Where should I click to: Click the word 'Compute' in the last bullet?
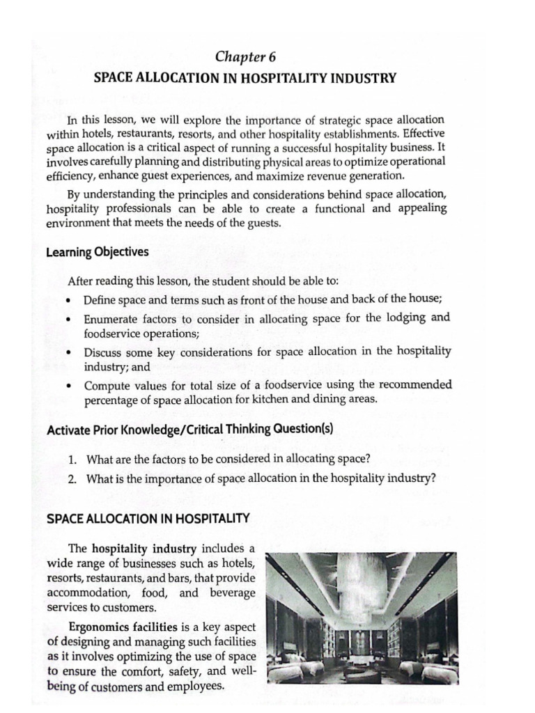[x=107, y=385]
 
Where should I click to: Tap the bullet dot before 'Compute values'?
[x=70, y=386]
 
